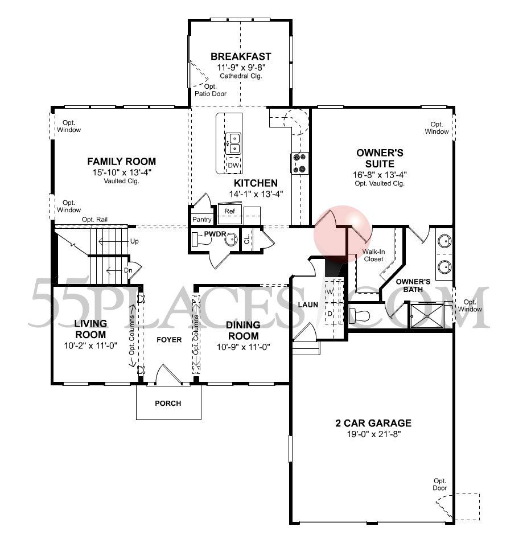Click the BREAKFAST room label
(241, 56)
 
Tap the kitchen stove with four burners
(299, 163)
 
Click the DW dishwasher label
(233, 166)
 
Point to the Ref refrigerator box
(230, 211)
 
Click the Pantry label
(202, 219)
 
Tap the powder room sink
(230, 240)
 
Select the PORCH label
(168, 404)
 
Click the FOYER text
(169, 340)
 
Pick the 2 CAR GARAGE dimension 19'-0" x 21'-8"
(373, 434)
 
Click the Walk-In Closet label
(373, 254)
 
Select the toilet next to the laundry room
(360, 315)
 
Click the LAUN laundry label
(308, 305)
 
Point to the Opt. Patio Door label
(210, 90)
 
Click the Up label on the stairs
(135, 241)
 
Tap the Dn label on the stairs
(128, 270)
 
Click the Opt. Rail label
(94, 220)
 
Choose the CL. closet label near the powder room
(247, 239)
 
